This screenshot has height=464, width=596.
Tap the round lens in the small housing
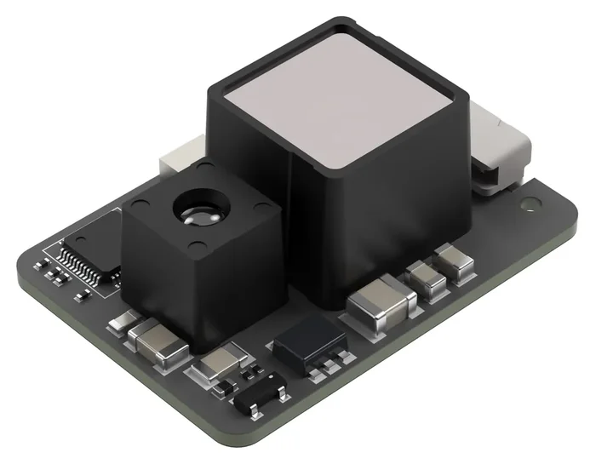point(197,209)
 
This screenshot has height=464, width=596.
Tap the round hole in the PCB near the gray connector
point(531,203)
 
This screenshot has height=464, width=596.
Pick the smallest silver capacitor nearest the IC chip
point(123,321)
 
